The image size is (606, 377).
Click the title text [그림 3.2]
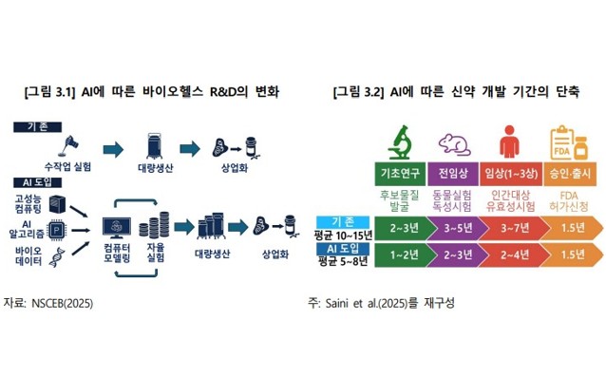pyautogui.click(x=359, y=91)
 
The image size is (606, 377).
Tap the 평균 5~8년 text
pyautogui.click(x=338, y=261)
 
